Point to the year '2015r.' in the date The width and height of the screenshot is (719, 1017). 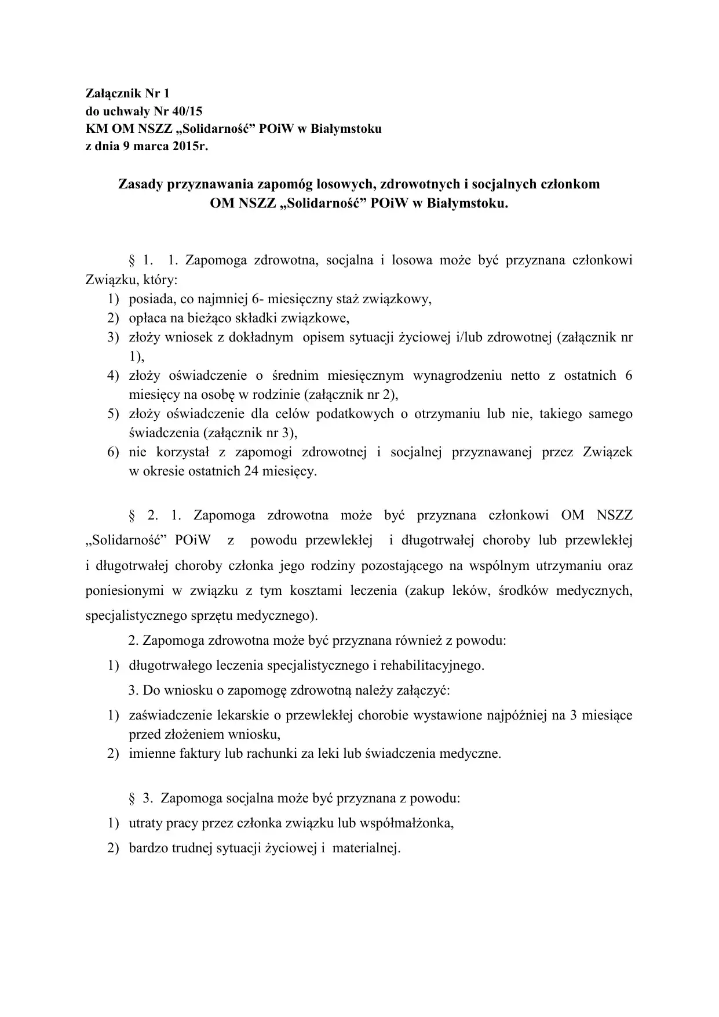(x=189, y=146)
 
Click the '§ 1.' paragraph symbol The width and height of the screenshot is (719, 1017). (x=140, y=260)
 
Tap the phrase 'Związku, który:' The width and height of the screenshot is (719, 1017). (x=132, y=279)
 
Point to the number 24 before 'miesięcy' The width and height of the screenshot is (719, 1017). (x=251, y=471)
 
